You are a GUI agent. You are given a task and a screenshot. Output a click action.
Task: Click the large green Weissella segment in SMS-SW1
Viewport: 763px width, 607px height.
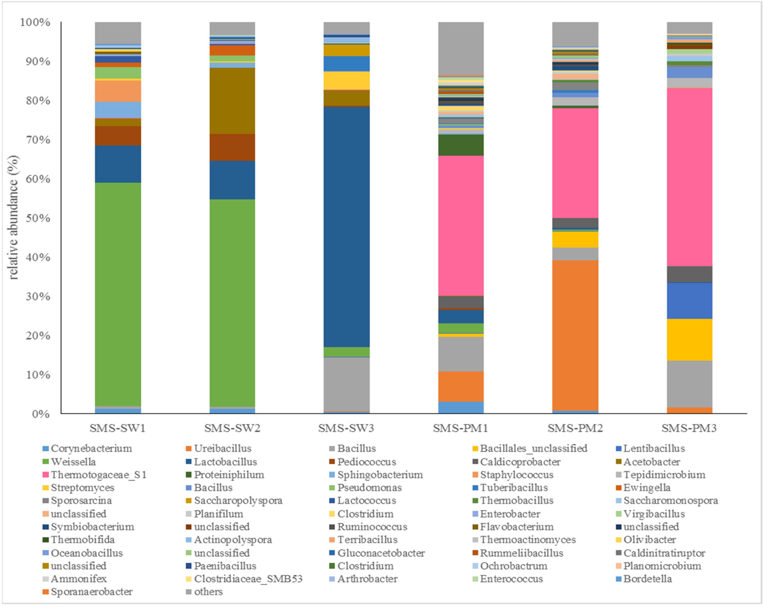coord(118,294)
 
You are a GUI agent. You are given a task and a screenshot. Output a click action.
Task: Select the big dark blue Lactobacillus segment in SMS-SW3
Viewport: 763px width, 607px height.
coord(346,227)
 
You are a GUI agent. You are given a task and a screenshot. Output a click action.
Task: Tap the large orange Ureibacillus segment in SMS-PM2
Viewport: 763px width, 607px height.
coord(575,335)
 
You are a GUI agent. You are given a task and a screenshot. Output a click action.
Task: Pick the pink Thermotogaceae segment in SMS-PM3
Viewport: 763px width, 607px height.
coord(689,177)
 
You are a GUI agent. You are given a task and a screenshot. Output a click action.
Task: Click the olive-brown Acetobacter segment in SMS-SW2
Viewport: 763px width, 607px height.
coord(232,101)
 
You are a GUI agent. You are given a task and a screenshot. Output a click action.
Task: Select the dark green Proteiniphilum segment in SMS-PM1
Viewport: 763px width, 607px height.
coord(461,145)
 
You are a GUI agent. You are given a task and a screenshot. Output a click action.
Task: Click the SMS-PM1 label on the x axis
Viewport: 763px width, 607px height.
coord(460,428)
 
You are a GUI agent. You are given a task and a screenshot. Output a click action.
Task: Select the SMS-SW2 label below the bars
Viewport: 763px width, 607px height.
coord(232,428)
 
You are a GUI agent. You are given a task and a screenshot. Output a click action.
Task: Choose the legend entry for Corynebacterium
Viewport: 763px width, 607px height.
coord(91,448)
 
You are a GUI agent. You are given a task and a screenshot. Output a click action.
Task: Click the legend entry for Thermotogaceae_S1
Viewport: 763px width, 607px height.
coord(98,474)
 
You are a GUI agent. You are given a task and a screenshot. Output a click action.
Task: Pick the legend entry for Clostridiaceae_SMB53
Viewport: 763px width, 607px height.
coord(248,579)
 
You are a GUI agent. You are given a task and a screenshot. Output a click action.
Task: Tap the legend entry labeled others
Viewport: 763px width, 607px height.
coord(208,592)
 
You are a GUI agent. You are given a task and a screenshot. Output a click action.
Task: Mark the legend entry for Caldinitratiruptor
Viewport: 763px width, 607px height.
coord(664,553)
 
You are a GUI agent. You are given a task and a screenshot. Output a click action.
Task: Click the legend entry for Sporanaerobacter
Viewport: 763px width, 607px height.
coord(91,592)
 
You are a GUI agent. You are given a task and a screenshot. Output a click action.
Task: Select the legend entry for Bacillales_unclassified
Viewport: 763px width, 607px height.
coord(533,448)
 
